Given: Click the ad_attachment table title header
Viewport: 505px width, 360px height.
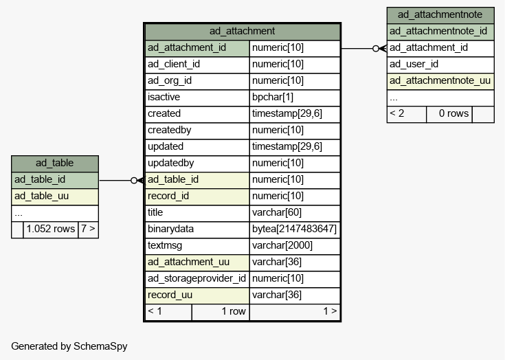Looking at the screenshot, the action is [243, 32].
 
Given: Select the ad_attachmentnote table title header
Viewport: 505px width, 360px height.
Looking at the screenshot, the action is [440, 15].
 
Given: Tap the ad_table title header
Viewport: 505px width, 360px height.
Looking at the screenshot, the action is [55, 164].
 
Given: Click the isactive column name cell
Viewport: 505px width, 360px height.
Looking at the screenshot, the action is [197, 98].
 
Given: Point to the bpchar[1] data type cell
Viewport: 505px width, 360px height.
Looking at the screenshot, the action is [295, 98].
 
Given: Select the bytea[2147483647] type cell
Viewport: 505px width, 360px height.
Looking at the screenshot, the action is [295, 229].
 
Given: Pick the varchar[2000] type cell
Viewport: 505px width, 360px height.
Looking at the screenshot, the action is [295, 246].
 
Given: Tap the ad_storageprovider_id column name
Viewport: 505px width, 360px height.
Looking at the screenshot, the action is [197, 279].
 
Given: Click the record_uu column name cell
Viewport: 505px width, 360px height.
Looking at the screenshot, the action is [197, 295].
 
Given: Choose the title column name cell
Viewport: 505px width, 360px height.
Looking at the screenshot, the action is [197, 213].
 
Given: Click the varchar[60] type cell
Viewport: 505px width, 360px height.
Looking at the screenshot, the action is [295, 213].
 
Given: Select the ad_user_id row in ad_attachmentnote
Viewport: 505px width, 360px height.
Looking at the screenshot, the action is [440, 65].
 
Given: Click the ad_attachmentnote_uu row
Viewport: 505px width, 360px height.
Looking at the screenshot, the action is [440, 81].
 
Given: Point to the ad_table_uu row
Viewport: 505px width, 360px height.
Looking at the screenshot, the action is [55, 196].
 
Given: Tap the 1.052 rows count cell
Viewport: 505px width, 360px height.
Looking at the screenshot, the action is [51, 229].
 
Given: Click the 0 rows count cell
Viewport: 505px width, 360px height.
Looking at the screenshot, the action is [449, 114].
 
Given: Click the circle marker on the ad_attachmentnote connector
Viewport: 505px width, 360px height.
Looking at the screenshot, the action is [376, 49].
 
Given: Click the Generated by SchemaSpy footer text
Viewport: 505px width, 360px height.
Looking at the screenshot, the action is [69, 346].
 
